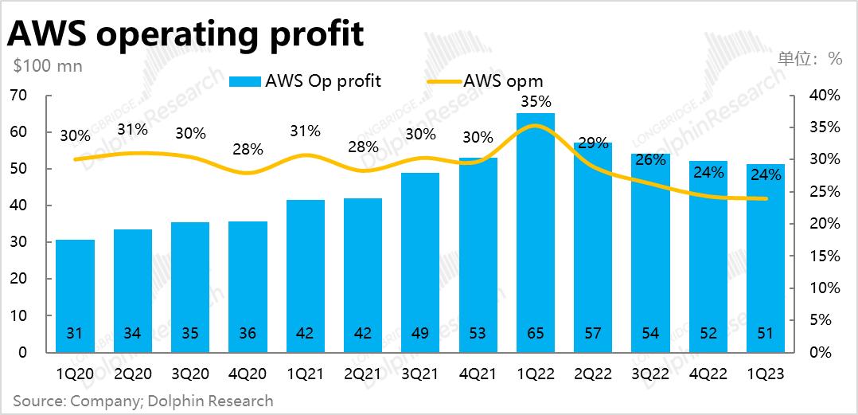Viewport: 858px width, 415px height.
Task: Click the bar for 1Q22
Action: [535, 231]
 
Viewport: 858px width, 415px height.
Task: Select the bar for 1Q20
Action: [75, 295]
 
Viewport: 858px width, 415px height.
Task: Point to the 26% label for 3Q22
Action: [650, 159]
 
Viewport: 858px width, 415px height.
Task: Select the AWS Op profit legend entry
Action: [306, 80]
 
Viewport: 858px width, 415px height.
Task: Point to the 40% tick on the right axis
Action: [825, 96]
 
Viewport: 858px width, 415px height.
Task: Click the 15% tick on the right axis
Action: [825, 256]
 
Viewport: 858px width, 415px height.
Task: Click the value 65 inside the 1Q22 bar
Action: [535, 333]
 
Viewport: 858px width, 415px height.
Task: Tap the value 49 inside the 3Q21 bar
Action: [420, 333]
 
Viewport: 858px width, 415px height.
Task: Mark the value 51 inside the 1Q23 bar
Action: [765, 333]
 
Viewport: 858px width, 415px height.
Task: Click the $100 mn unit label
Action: [48, 66]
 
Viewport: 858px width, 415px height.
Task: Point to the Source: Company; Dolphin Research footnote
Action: [143, 401]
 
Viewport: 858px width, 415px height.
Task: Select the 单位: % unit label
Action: [809, 58]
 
